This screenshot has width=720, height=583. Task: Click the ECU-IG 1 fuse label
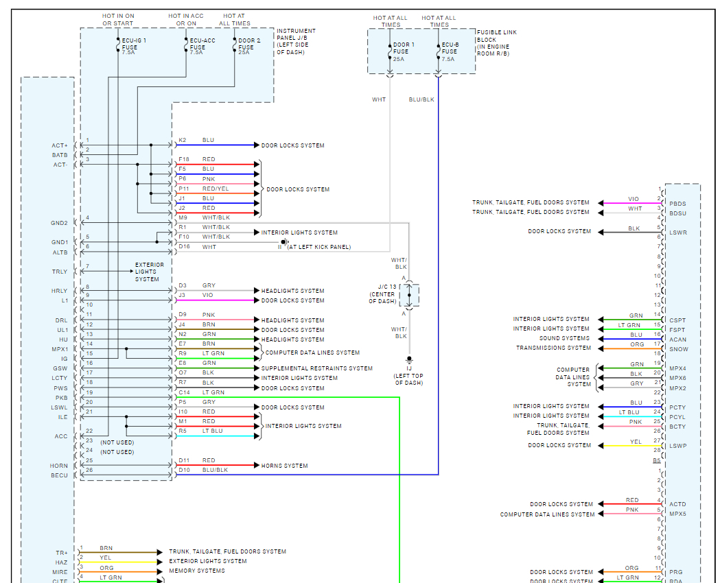[134, 47]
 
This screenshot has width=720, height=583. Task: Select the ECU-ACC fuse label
[202, 47]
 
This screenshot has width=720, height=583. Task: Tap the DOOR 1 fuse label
[404, 52]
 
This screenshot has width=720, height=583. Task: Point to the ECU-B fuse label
[450, 52]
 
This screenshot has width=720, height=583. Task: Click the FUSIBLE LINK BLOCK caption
[496, 43]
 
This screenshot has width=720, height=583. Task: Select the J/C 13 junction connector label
[382, 294]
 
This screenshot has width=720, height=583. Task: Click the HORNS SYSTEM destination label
[285, 466]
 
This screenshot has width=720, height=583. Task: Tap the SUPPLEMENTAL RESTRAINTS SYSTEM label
[317, 368]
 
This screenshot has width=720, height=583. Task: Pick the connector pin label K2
[183, 140]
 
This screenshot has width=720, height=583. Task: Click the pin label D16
[184, 247]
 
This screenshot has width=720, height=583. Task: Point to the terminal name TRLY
[60, 272]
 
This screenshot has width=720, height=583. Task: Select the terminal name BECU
[59, 475]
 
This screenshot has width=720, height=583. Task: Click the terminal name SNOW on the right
[679, 349]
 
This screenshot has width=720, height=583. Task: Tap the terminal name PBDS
[677, 204]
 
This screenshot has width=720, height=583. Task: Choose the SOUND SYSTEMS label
[564, 338]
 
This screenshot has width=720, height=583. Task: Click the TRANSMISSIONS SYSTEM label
[553, 348]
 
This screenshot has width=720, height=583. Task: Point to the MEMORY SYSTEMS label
[197, 571]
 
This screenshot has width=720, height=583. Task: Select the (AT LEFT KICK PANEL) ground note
[319, 247]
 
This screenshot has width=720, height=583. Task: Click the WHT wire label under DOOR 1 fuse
[379, 99]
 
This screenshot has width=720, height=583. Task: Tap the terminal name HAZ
[62, 562]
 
